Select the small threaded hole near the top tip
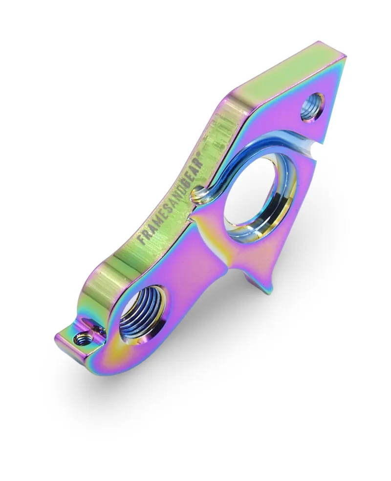311,107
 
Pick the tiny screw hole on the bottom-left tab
80,338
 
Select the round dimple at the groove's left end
197,196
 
